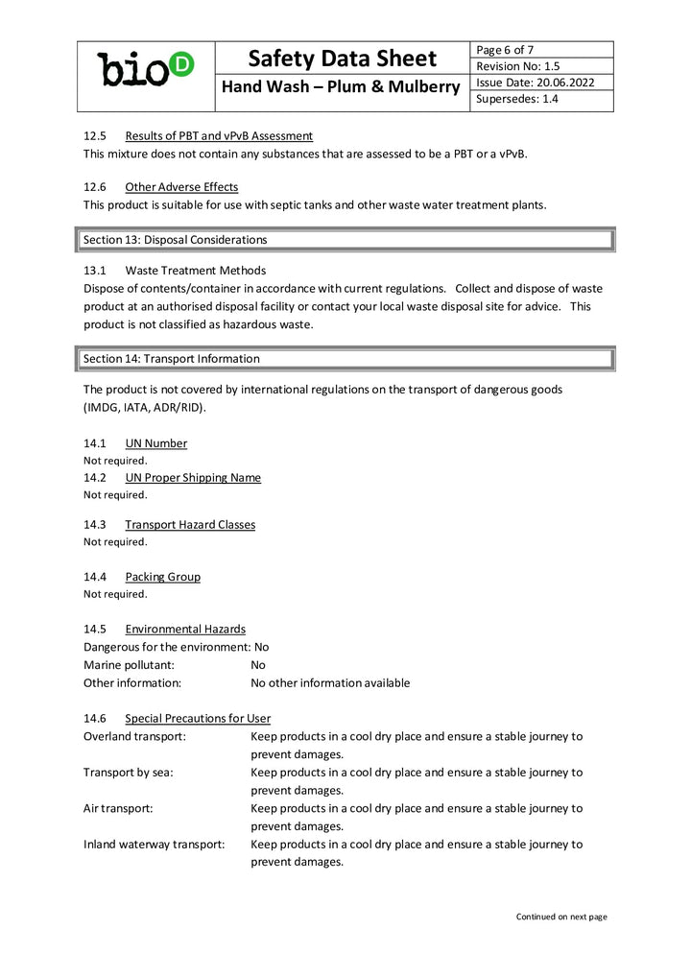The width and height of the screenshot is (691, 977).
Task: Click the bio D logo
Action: click(x=146, y=70)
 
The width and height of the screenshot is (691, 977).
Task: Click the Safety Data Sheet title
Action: click(x=342, y=59)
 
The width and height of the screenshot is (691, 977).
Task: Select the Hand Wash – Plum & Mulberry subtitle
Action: click(x=342, y=88)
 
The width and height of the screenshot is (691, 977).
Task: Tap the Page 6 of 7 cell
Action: click(x=505, y=50)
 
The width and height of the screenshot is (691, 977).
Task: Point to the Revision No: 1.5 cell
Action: click(x=517, y=66)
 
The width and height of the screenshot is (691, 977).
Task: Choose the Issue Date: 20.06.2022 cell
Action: click(x=535, y=83)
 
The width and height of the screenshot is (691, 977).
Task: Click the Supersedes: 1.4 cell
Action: click(x=516, y=99)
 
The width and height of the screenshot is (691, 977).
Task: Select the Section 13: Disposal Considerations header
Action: click(x=176, y=239)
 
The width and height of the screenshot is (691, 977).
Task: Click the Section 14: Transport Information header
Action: click(x=172, y=358)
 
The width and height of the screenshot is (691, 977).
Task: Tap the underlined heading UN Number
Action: click(x=155, y=443)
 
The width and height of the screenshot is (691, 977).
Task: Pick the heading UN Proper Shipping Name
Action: click(x=192, y=478)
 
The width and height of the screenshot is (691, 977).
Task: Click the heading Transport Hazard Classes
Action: click(x=189, y=525)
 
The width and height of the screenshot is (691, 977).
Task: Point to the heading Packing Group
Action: click(x=162, y=577)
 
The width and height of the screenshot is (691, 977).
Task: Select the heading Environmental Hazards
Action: click(x=184, y=630)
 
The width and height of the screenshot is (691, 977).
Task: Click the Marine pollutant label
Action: click(x=129, y=665)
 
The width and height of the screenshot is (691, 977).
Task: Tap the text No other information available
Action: click(x=329, y=683)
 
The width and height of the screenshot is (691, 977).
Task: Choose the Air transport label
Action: click(x=118, y=808)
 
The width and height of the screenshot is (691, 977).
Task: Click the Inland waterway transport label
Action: click(x=154, y=845)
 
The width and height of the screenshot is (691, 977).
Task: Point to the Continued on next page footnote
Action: click(x=560, y=917)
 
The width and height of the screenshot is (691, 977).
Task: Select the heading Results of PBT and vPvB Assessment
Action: click(x=218, y=136)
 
